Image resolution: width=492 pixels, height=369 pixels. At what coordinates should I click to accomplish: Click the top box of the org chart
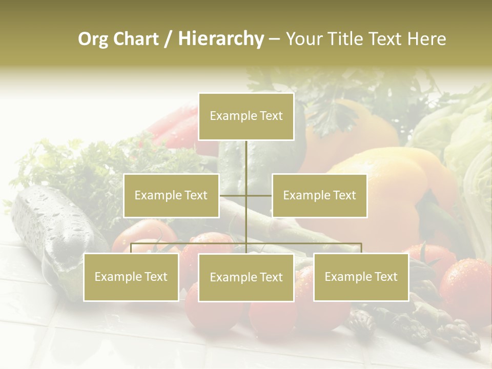246,116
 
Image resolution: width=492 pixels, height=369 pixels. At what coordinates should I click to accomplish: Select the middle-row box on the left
171,196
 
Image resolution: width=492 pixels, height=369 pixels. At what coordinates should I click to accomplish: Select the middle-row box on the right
319,196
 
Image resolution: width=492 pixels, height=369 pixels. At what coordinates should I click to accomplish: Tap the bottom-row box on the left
131,277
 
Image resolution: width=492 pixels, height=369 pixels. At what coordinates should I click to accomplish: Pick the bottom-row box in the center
246,278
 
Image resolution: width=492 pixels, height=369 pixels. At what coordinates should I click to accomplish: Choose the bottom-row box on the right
361,277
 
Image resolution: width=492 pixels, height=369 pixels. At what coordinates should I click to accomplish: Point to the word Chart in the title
135,39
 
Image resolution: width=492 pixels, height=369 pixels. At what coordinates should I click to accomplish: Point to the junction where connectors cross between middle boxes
246,196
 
